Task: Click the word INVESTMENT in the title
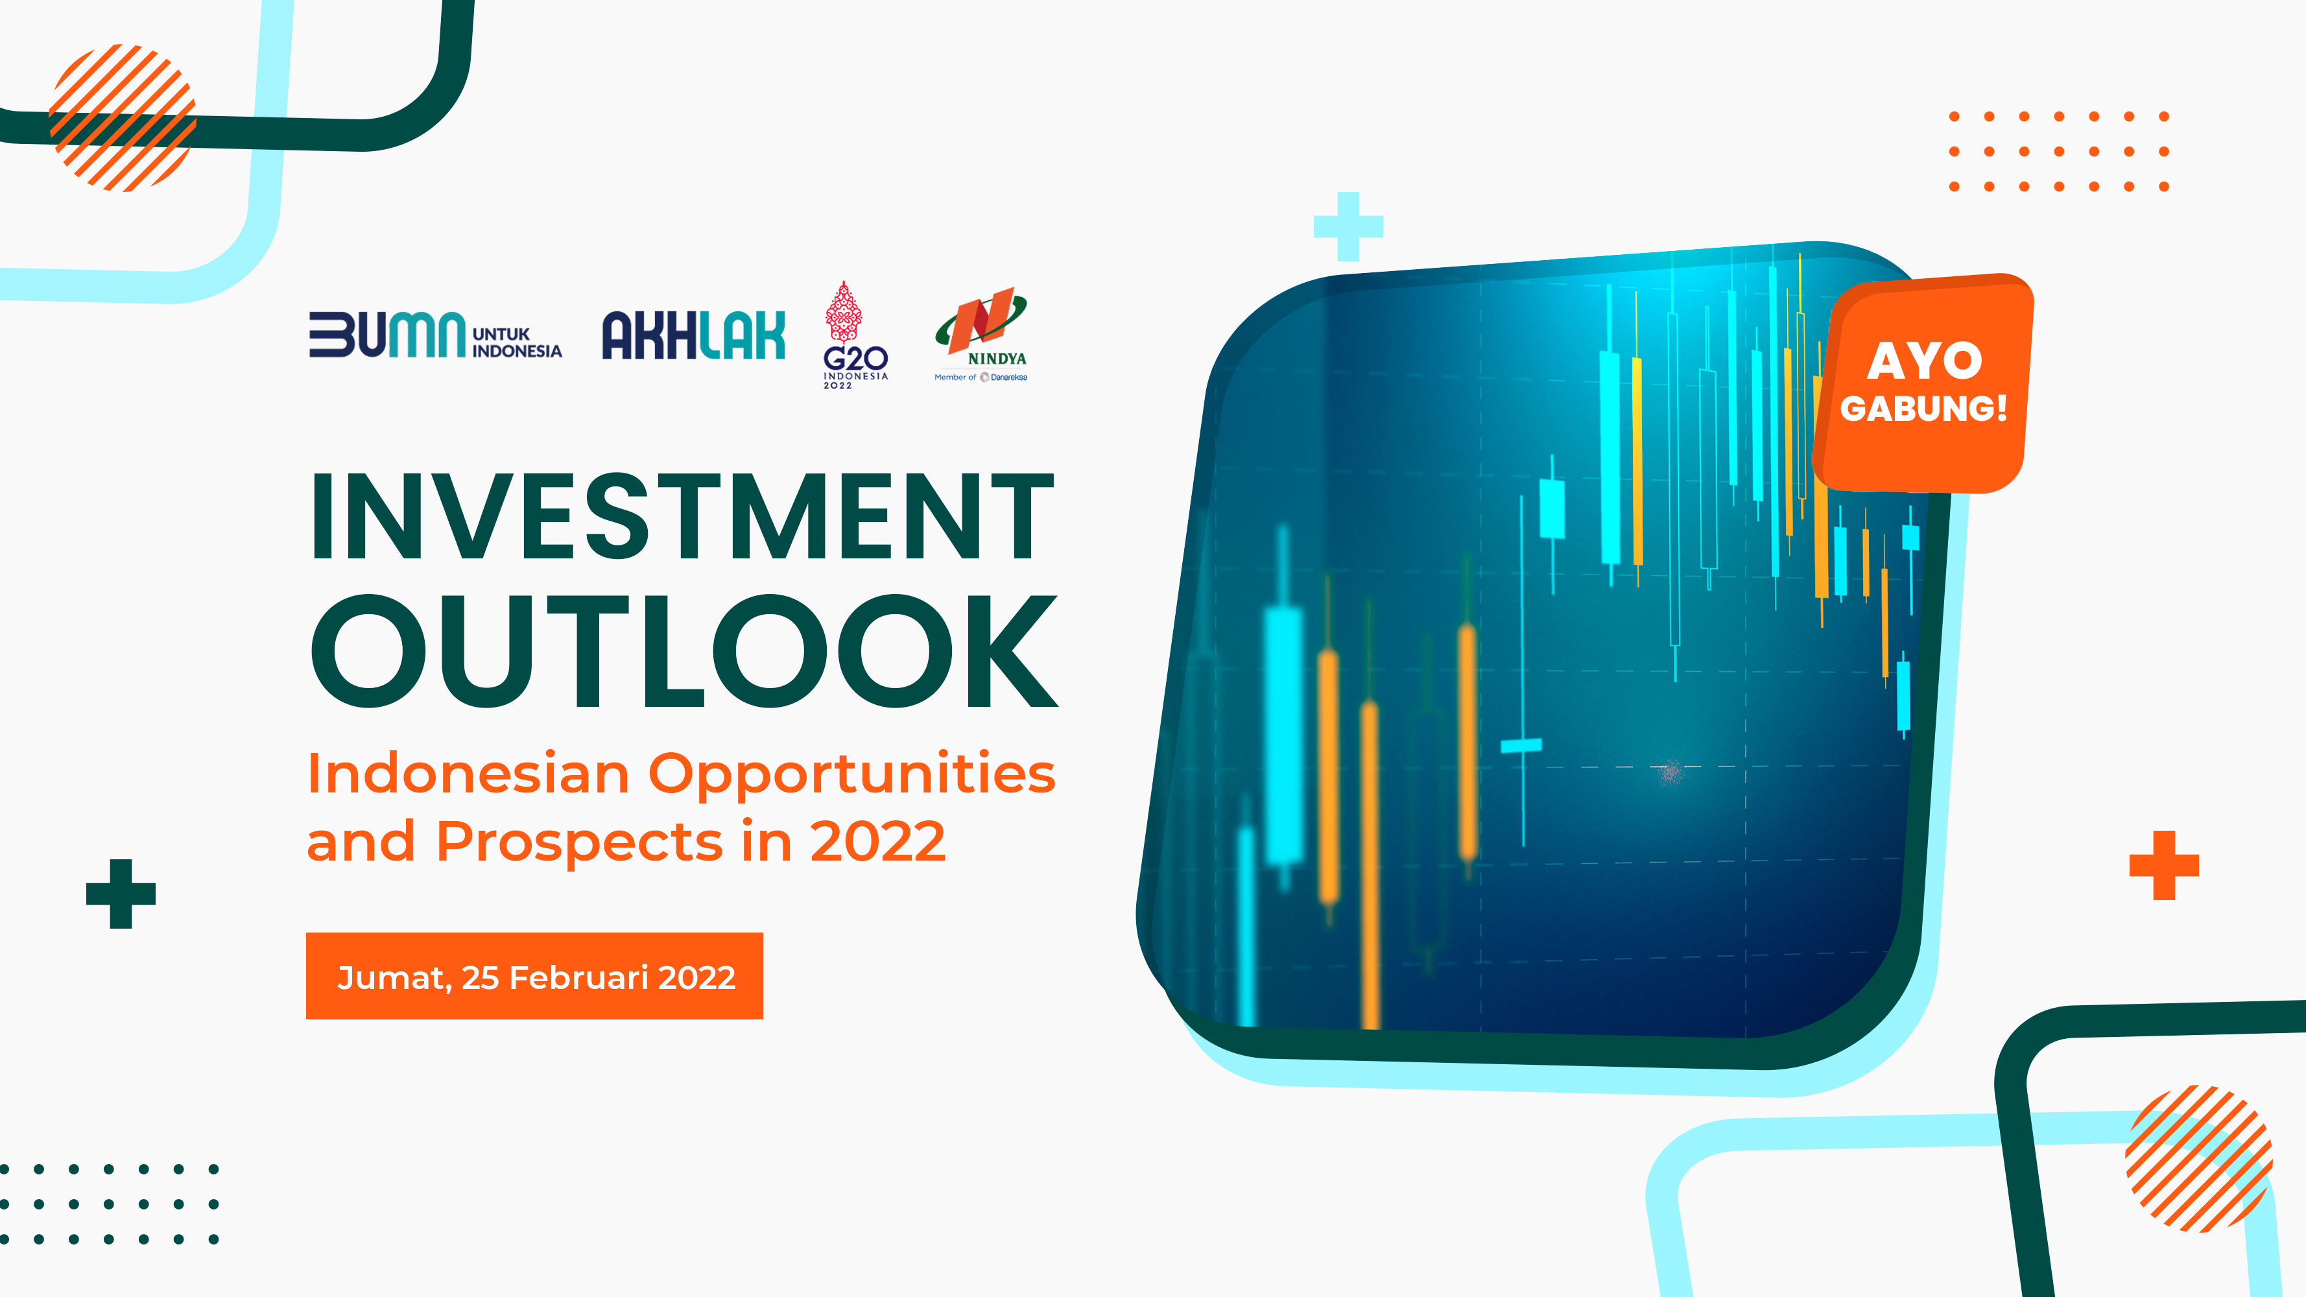(682, 516)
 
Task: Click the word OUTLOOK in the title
(685, 650)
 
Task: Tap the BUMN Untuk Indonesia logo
(435, 335)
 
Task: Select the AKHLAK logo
(694, 335)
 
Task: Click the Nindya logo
(981, 335)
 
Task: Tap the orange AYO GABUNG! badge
(1924, 383)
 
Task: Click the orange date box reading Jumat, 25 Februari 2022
(534, 975)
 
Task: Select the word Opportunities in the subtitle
(851, 775)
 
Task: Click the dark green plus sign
(121, 894)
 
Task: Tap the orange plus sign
(2164, 864)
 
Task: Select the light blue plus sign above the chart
(1348, 226)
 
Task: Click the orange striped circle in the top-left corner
(123, 117)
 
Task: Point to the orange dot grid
(2059, 151)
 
